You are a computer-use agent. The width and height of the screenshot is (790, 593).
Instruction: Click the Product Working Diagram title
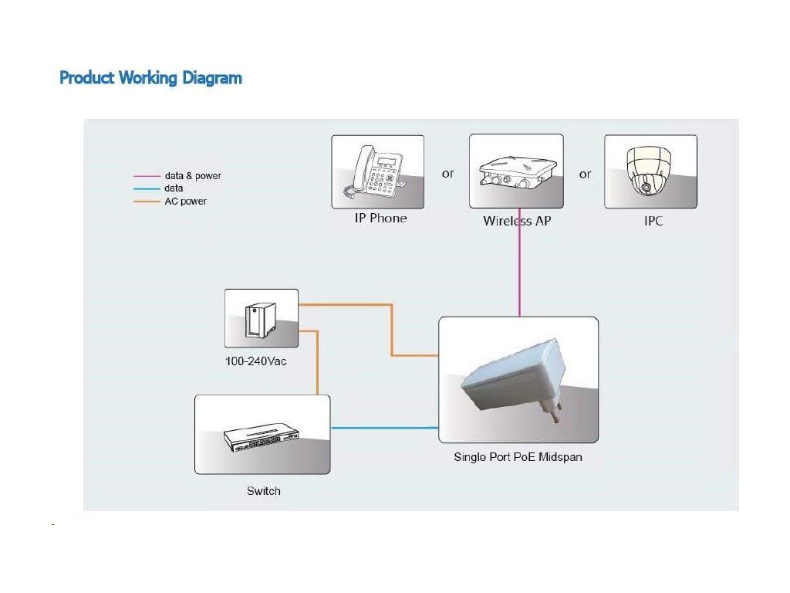[x=150, y=78]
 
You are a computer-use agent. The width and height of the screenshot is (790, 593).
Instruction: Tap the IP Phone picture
[x=377, y=171]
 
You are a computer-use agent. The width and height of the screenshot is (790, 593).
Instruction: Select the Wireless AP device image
[x=516, y=171]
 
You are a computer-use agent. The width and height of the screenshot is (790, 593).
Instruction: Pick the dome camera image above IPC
[x=650, y=171]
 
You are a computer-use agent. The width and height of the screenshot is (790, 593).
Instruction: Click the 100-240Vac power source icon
[x=261, y=318]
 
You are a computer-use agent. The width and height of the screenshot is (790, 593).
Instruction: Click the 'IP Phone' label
[x=380, y=219]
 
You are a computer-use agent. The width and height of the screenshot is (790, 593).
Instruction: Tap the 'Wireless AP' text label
[x=517, y=221]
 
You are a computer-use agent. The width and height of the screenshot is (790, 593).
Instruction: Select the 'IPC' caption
[x=653, y=221]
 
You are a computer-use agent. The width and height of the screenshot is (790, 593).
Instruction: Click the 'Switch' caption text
[x=263, y=491]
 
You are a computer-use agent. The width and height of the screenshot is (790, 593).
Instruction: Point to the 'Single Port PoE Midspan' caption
[x=517, y=457]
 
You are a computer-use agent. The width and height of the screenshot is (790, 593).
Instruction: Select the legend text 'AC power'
[x=185, y=202]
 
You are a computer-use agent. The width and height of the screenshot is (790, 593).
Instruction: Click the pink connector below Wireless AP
[x=519, y=263]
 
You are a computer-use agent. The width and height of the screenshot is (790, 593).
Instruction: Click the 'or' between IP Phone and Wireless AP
[x=447, y=174]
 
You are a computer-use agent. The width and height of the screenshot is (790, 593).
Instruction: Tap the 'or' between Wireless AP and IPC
[x=585, y=174]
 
